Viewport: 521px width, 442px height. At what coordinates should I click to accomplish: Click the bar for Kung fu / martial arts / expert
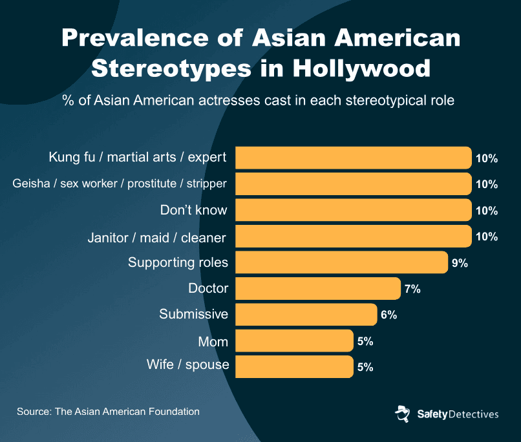[x=353, y=158]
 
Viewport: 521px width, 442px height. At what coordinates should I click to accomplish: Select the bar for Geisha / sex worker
[x=353, y=184]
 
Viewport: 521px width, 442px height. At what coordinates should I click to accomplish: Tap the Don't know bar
[x=353, y=210]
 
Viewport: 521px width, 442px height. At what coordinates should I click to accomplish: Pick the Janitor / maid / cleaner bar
[x=353, y=237]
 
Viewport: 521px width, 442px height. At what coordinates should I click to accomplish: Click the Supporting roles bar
[x=341, y=262]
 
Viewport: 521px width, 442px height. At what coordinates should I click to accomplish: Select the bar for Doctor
[x=317, y=289]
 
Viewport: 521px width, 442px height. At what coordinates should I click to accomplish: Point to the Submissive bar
[x=306, y=315]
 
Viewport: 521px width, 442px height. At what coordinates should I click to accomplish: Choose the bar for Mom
[x=294, y=341]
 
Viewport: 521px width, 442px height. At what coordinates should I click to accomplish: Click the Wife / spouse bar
[x=294, y=367]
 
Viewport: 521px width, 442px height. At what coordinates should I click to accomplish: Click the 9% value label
[x=460, y=263]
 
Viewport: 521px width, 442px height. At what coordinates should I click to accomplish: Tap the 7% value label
[x=412, y=289]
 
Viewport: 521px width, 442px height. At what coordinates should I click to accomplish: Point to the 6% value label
[x=388, y=315]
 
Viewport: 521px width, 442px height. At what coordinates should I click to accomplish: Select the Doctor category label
[x=208, y=288]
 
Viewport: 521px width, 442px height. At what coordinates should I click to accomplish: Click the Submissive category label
[x=194, y=314]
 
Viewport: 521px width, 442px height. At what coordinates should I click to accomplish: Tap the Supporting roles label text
[x=178, y=262]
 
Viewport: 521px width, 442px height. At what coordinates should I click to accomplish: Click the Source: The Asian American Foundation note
[x=108, y=411]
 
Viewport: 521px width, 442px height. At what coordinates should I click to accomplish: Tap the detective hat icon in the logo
[x=402, y=414]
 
